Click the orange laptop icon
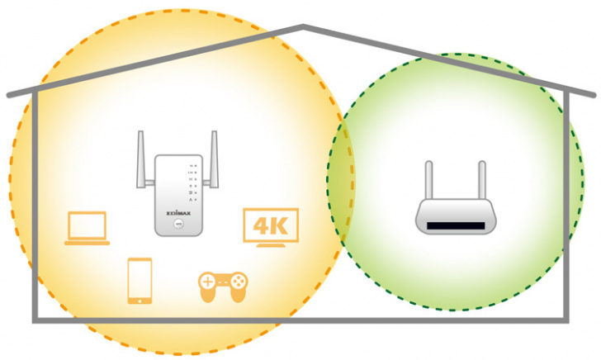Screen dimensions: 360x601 point(87,228)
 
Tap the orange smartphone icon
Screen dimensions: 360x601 point(140,281)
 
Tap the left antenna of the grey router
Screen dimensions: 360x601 point(429,181)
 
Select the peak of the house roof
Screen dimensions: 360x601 point(304,27)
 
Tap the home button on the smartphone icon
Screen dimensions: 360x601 point(140,300)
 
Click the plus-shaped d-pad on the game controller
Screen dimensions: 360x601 point(209,282)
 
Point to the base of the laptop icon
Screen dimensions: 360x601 point(87,243)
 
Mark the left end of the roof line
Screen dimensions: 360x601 point(9,96)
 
